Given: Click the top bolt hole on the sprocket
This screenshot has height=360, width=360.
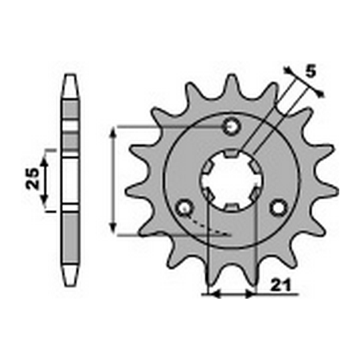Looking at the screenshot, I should click(x=232, y=126).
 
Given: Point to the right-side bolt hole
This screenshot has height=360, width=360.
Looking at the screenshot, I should click(x=277, y=208).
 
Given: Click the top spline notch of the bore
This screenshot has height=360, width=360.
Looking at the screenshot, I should click(x=232, y=153).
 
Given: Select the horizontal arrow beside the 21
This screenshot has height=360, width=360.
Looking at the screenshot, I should click(x=230, y=294).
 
